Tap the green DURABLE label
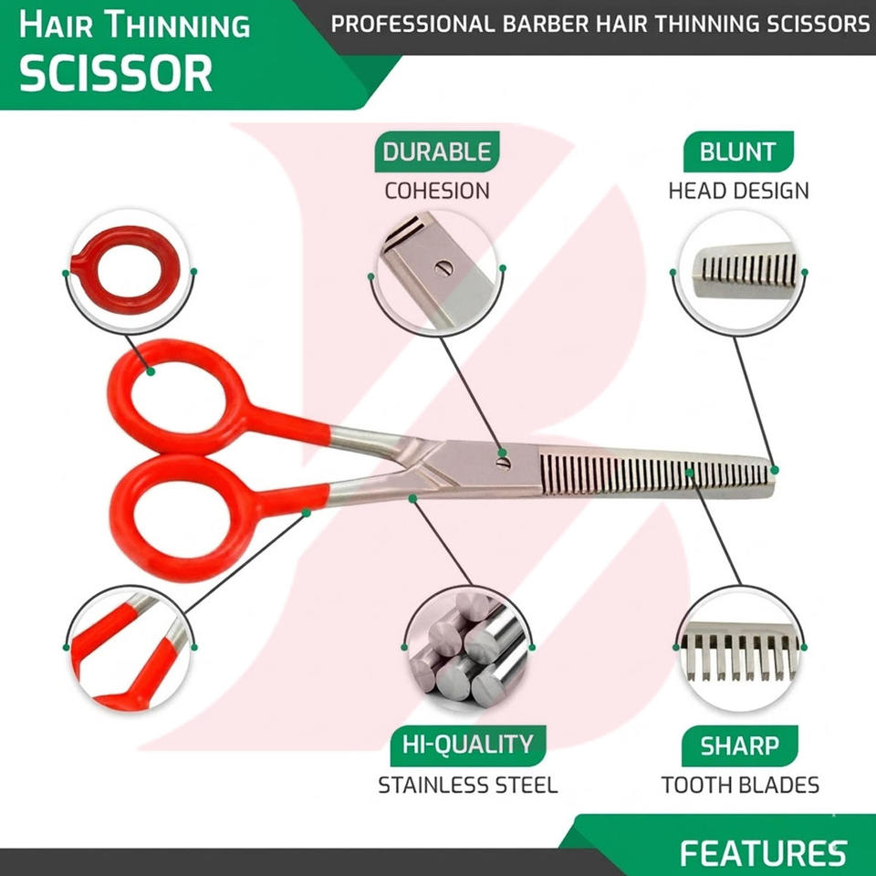[x=435, y=151]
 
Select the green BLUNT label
[x=737, y=151]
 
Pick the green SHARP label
[x=739, y=746]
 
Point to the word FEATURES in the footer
[x=763, y=853]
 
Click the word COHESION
[x=436, y=191]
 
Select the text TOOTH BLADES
[x=740, y=785]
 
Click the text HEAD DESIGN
[x=738, y=191]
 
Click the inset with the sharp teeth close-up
[x=738, y=650]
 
